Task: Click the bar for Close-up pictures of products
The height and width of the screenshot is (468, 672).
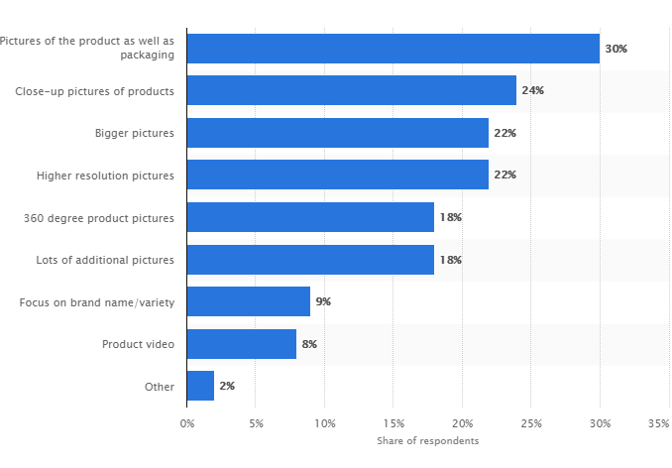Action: [x=352, y=90]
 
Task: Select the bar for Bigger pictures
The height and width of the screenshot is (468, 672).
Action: [x=338, y=133]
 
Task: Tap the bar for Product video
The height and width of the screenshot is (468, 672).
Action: [x=242, y=344]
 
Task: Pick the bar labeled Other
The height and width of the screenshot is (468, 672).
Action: [x=200, y=386]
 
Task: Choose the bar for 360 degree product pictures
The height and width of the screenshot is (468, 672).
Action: [x=310, y=217]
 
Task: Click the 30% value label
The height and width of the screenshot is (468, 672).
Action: [x=616, y=49]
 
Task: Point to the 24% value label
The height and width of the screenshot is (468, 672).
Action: [x=533, y=90]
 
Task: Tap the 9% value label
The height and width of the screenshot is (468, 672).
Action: [x=323, y=301]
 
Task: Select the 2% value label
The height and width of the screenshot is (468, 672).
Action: [x=227, y=386]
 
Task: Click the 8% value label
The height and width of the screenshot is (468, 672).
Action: [x=309, y=344]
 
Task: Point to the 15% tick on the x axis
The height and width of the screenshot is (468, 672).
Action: [x=392, y=422]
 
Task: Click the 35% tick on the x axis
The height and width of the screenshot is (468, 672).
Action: [x=658, y=422]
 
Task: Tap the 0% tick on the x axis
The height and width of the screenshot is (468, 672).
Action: [x=187, y=422]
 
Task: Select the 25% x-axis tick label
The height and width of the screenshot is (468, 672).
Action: [x=530, y=422]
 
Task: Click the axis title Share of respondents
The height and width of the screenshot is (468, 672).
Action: [x=427, y=440]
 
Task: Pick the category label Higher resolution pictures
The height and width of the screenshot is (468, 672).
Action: [x=105, y=175]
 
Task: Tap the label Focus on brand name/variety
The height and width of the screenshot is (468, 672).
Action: [x=97, y=301]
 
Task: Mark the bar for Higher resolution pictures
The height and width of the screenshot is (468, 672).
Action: [x=338, y=175]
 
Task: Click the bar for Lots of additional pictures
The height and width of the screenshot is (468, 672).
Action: [x=310, y=260]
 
